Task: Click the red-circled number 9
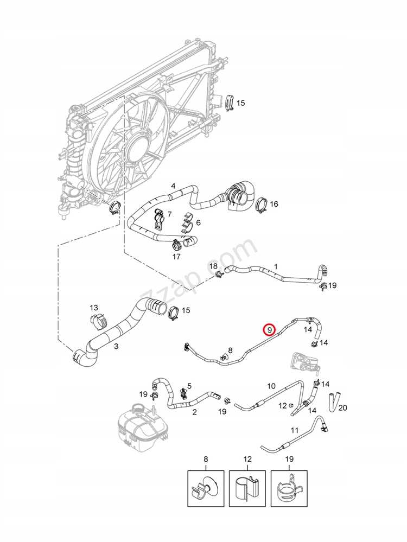[x=269, y=330]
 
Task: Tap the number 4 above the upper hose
[x=173, y=186]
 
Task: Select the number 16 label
[x=274, y=204]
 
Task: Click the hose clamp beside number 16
[x=262, y=205]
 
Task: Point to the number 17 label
[x=176, y=257]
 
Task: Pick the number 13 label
[x=94, y=307]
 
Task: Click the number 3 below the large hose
[x=116, y=346]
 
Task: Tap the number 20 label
[x=342, y=408]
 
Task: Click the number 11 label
[x=294, y=430]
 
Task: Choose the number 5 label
[x=189, y=386]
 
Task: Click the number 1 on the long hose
[x=276, y=266]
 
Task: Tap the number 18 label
[x=214, y=266]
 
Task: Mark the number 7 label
[x=169, y=215]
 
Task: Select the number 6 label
[x=198, y=223]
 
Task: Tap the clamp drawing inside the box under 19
[x=289, y=488]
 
